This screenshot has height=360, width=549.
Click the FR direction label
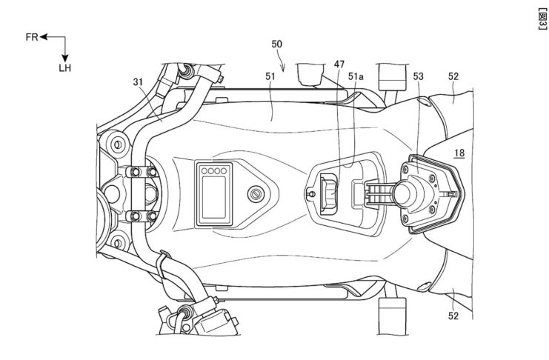pyautogui.click(x=30, y=36)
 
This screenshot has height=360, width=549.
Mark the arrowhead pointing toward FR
pyautogui.click(x=44, y=36)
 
